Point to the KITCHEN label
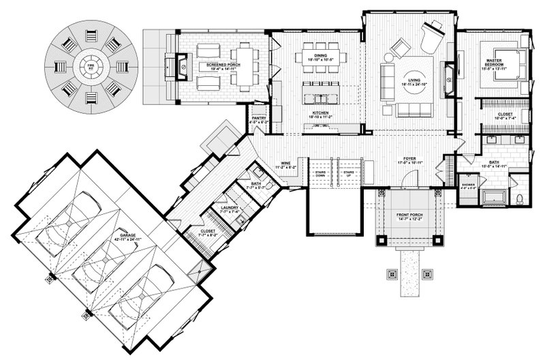click(321, 113)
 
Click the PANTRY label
click(258, 118)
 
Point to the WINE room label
click(289, 164)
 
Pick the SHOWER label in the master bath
click(469, 184)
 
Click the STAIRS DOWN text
click(320, 173)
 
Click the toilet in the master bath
click(519, 198)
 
